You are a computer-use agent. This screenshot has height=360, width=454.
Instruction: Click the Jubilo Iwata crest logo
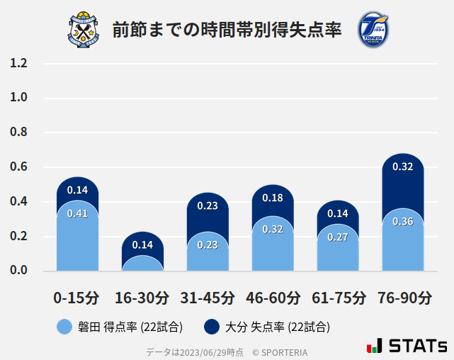click(x=84, y=30)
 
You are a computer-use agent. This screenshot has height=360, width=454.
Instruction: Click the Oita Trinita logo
click(x=373, y=30)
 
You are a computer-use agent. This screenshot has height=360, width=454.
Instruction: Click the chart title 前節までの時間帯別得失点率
click(x=227, y=30)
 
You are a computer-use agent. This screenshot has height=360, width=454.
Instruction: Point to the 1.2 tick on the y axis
click(x=19, y=64)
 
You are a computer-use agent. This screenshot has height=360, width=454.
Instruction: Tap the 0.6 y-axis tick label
click(x=19, y=167)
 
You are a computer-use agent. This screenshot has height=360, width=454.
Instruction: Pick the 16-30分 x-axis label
click(x=142, y=297)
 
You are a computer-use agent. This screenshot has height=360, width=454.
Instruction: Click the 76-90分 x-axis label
click(x=403, y=297)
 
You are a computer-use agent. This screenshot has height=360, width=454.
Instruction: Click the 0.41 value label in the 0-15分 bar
click(x=77, y=213)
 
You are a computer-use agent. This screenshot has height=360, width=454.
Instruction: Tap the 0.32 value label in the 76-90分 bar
click(x=402, y=167)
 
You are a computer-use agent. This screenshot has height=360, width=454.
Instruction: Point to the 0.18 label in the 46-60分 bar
click(x=273, y=198)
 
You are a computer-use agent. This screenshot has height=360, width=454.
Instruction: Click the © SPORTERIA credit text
click(x=280, y=352)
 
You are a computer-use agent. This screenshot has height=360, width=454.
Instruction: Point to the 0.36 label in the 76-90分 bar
click(x=402, y=221)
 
